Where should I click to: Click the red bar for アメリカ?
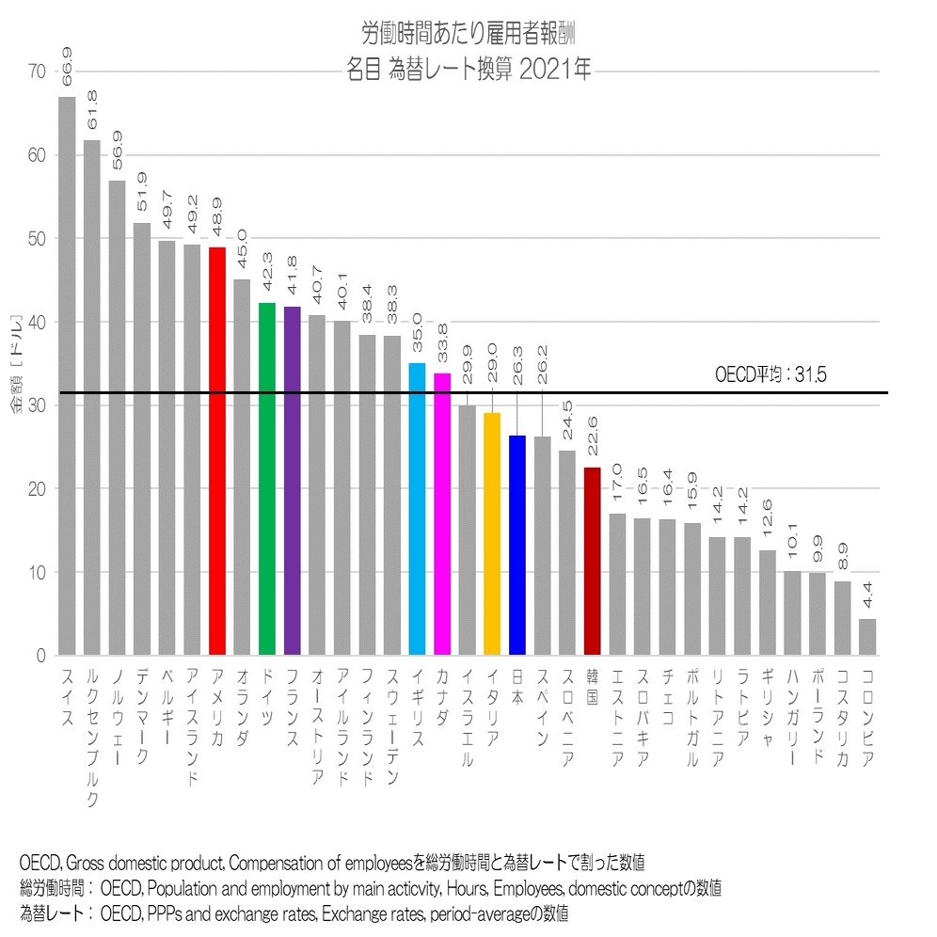[x=216, y=452]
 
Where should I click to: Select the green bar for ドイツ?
[x=267, y=479]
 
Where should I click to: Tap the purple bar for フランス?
[x=292, y=481]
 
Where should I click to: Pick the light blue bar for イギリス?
[x=418, y=509]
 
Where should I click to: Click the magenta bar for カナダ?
[x=442, y=514]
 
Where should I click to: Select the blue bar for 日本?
[x=517, y=545]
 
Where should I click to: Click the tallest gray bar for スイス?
[x=67, y=376]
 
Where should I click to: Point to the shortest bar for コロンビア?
[x=867, y=637]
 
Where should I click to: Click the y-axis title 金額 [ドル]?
[x=18, y=362]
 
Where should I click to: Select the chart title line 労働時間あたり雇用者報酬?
[x=468, y=34]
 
